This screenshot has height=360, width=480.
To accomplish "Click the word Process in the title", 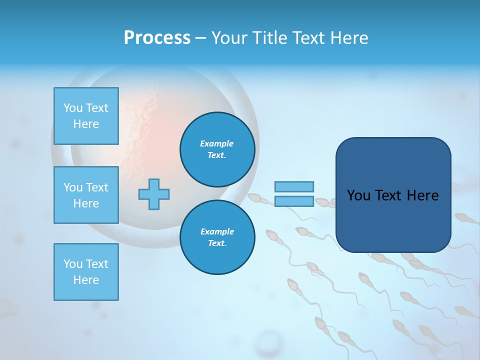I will (x=157, y=38).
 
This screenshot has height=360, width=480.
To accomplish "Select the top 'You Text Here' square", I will (x=86, y=116).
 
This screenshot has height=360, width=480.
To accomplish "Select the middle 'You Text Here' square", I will (x=86, y=195).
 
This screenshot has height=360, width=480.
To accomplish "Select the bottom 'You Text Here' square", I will (x=86, y=272).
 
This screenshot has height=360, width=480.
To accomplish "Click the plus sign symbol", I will (x=154, y=194).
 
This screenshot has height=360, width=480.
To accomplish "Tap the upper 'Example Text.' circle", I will (x=217, y=149).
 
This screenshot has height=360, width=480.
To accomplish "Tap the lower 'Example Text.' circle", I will (x=217, y=237).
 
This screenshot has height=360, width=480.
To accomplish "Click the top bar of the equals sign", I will (x=294, y=186).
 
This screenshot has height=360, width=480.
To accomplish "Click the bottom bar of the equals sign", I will (x=294, y=201).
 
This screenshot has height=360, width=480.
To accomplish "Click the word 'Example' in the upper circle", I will (x=217, y=143).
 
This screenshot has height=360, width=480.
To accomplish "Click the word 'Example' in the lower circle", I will (x=217, y=231).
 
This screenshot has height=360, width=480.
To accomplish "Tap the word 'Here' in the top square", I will (x=86, y=124).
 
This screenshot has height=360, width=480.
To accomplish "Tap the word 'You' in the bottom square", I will (x=72, y=264).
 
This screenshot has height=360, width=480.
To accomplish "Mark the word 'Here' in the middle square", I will (x=86, y=203).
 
